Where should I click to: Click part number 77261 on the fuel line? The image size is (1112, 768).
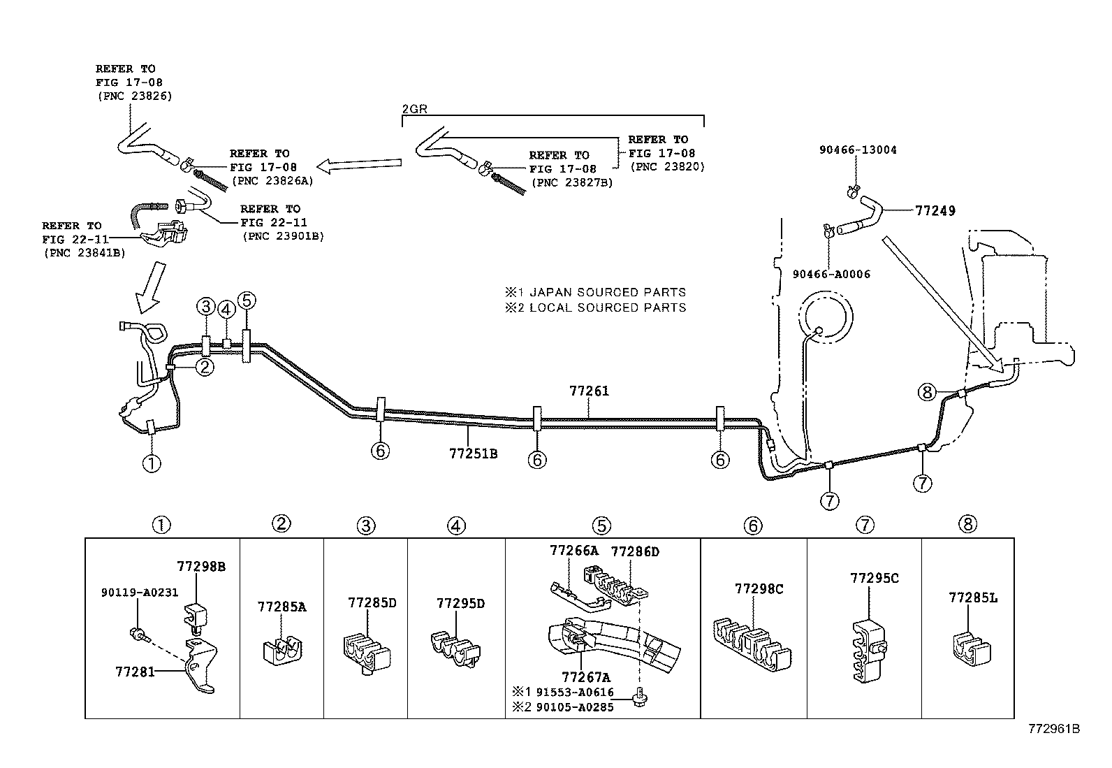coord(589,391)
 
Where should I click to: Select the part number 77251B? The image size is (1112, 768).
coord(473,454)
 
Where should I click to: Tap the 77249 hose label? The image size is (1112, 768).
coord(935,210)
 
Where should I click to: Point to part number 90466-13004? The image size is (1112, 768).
coord(858,150)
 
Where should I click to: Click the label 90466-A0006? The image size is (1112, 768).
coord(831,274)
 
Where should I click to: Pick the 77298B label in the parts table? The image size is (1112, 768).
coord(201,566)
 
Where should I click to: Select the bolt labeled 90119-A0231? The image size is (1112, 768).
coord(140,635)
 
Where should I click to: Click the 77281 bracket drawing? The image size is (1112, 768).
coord(202,666)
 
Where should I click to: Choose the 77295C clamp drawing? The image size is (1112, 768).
coord(869,651)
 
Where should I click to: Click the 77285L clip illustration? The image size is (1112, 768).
coord(972,649)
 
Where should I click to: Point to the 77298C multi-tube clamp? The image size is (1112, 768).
coord(752,644)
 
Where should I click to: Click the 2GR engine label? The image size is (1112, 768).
coord(414,109)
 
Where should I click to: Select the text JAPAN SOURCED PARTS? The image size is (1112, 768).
coord(608,292)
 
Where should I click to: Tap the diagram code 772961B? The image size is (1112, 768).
coord(1054,729)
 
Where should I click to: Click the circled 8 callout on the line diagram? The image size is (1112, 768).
coord(927,393)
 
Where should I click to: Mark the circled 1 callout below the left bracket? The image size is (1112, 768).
coord(152,464)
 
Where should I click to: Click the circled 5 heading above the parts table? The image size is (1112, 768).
coord(601,526)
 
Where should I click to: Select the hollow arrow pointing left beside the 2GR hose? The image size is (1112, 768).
coord(359,166)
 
